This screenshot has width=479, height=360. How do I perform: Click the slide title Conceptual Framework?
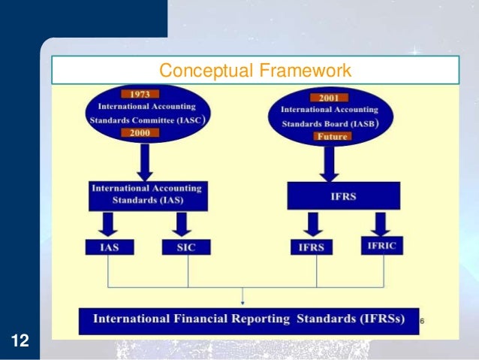point(255,71)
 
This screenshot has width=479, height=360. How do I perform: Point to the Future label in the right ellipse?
point(328,137)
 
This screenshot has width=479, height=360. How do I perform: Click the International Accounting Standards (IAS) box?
point(146,195)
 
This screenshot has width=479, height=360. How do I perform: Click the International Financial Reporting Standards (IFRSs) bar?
point(248,319)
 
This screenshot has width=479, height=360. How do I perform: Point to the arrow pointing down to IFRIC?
point(381,223)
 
